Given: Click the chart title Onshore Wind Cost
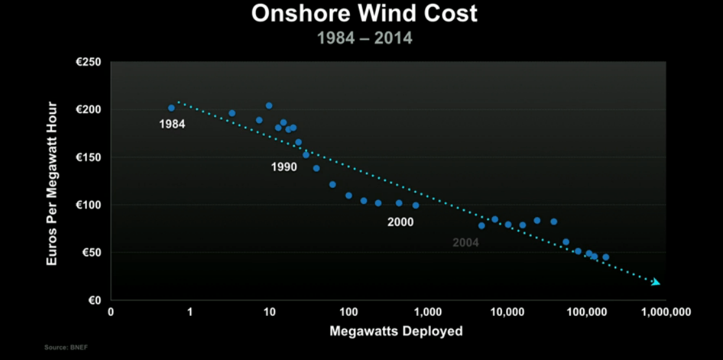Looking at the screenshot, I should pyautogui.click(x=364, y=14).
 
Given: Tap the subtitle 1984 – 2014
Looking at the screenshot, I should pyautogui.click(x=364, y=38).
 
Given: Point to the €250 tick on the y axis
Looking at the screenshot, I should pyautogui.click(x=90, y=63).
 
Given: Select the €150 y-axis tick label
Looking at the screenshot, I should pyautogui.click(x=90, y=157).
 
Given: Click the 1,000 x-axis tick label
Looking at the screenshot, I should pyautogui.click(x=428, y=312).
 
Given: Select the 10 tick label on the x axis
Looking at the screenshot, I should pyautogui.click(x=270, y=312).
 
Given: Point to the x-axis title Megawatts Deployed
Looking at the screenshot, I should pyautogui.click(x=396, y=332).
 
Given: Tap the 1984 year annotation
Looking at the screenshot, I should pyautogui.click(x=172, y=124).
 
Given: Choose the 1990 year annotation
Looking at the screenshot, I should pyautogui.click(x=284, y=167).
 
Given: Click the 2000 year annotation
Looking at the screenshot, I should pyautogui.click(x=400, y=222).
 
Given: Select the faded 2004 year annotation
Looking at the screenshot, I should pyautogui.click(x=465, y=243).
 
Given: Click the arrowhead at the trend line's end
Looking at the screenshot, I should pyautogui.click(x=656, y=282).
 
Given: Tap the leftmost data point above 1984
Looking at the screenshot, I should pyautogui.click(x=172, y=108).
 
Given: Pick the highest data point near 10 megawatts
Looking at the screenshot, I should pyautogui.click(x=269, y=106).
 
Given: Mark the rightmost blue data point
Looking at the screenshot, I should pyautogui.click(x=606, y=257).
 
